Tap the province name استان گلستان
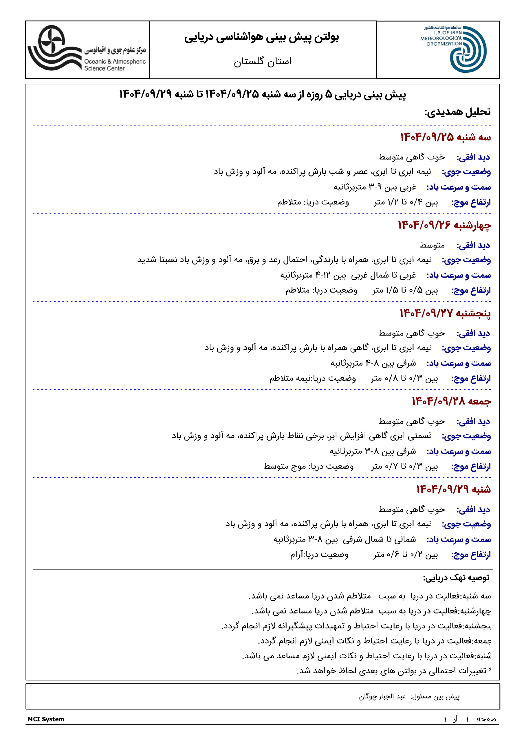263,61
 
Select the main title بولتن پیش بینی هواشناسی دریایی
262,37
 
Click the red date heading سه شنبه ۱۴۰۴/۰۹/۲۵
445,137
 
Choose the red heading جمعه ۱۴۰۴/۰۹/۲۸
451,401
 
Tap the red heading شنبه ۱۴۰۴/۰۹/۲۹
453,489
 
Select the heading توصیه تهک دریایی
456,577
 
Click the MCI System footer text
46,719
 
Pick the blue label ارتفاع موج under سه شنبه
471,202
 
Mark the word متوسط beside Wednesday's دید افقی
432,245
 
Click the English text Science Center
104,68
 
